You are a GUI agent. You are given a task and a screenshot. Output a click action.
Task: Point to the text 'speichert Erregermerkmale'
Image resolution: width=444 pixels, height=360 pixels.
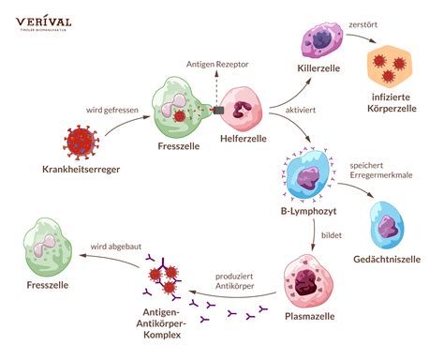click(379, 171)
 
